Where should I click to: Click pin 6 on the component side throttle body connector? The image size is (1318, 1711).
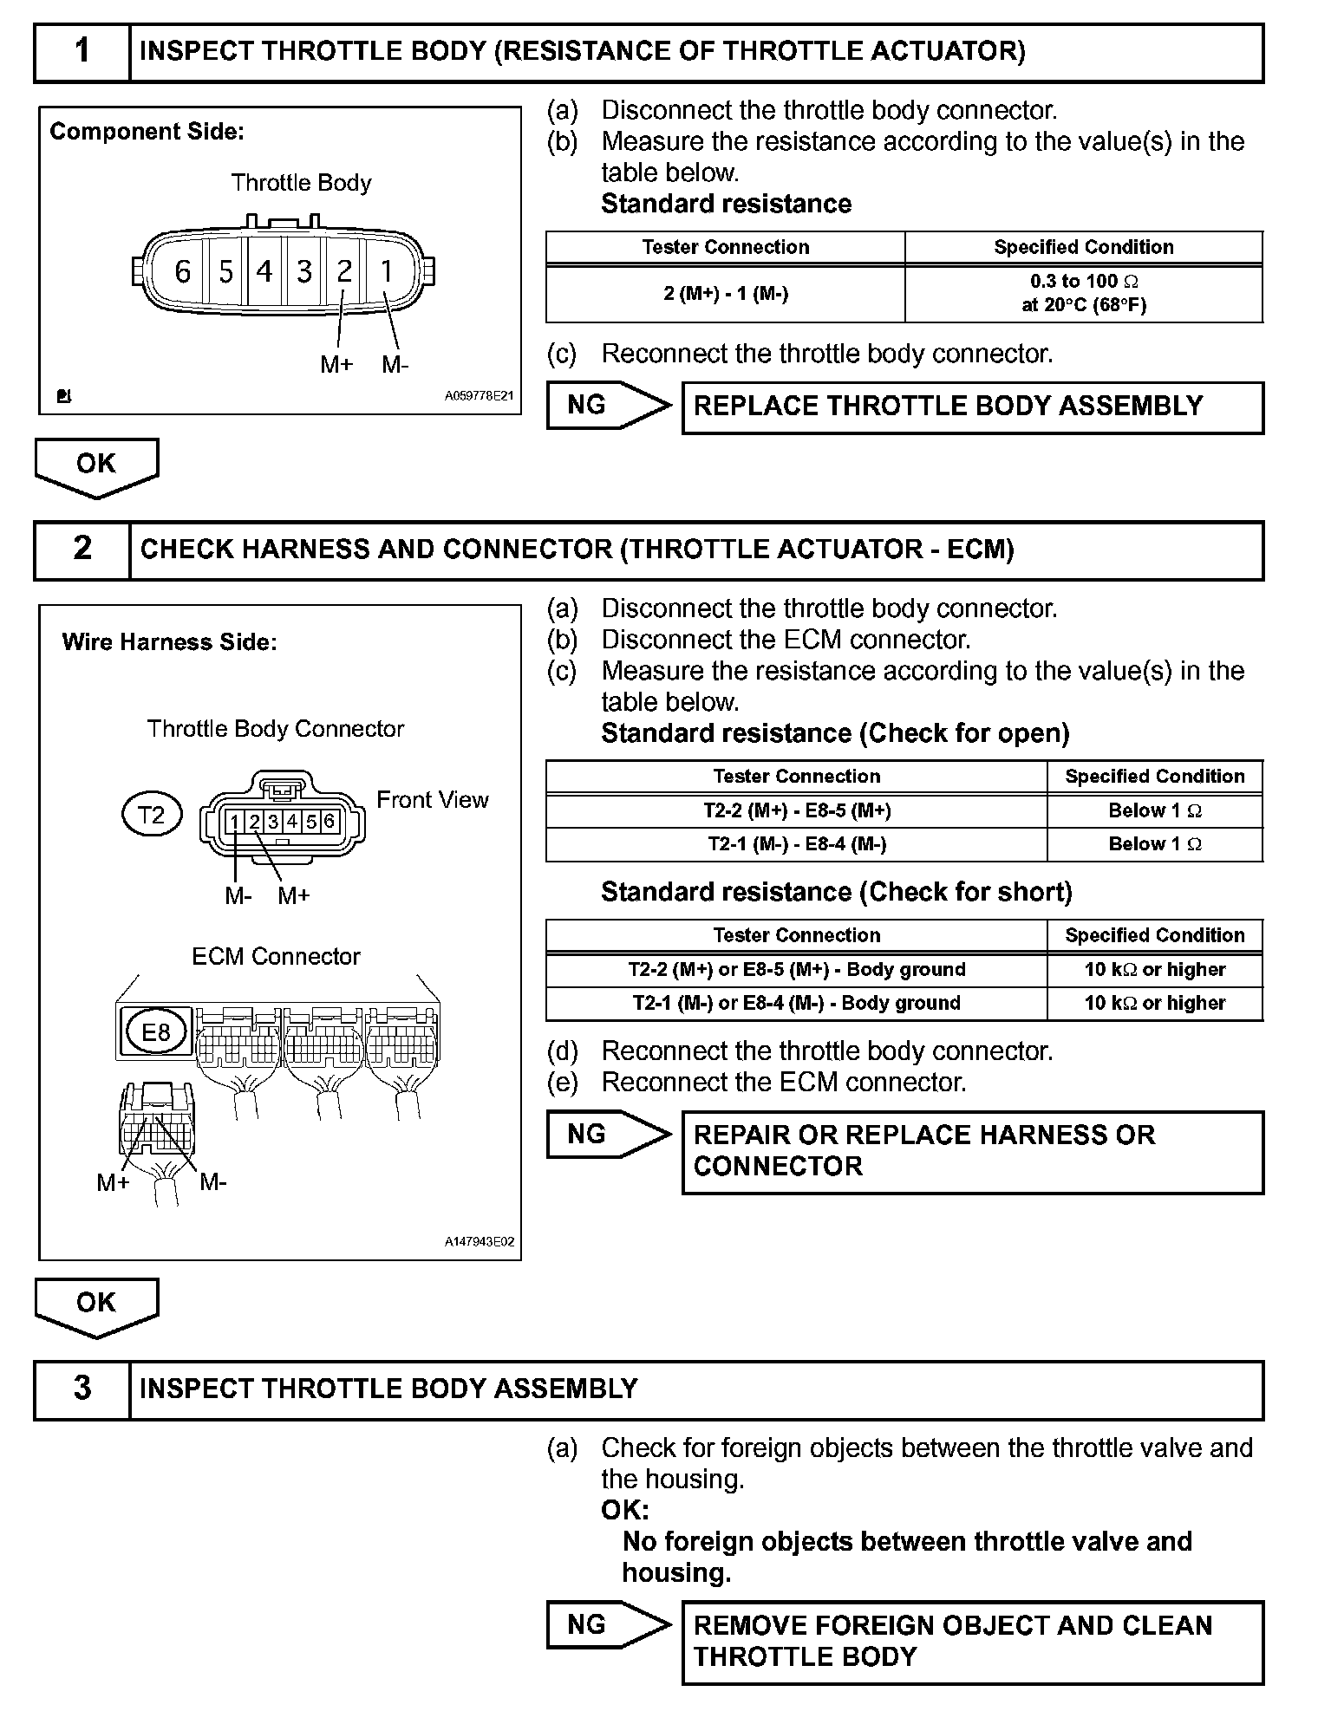pos(182,272)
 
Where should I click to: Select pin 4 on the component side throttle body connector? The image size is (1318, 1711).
pos(264,272)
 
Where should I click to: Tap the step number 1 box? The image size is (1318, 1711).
pos(82,52)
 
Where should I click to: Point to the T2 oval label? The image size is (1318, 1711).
pos(152,815)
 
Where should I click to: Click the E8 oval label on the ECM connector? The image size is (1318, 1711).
pos(156,1031)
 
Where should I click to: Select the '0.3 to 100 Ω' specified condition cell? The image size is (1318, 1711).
pos(1084,293)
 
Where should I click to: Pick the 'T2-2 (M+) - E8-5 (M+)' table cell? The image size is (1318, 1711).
pos(796,811)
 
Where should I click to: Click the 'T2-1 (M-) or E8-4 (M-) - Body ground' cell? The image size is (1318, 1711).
pos(796,1004)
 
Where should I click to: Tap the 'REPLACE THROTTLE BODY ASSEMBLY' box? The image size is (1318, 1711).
pos(972,407)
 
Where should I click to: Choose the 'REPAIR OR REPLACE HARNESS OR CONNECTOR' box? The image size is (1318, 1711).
pos(972,1152)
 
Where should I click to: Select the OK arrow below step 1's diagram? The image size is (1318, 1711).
pos(96,466)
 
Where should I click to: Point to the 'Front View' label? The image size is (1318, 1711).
pos(432,800)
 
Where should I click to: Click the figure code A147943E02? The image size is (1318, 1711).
pos(479,1242)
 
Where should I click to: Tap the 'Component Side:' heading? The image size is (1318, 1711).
pos(147,132)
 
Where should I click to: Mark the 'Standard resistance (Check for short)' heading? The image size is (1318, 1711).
pos(836,892)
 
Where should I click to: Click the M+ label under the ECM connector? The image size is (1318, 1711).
pos(113,1182)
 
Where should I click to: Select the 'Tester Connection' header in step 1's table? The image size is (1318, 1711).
pos(725,247)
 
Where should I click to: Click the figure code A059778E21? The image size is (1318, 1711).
pos(479,396)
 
